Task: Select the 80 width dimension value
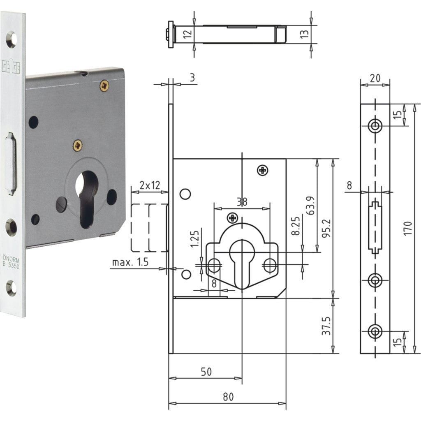click(228, 397)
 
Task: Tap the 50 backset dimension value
click(206, 372)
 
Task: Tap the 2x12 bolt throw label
click(150, 185)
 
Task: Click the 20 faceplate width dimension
click(375, 78)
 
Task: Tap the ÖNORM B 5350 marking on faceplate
click(12, 259)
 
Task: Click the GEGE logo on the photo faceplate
click(12, 67)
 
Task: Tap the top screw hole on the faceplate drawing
click(375, 126)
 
